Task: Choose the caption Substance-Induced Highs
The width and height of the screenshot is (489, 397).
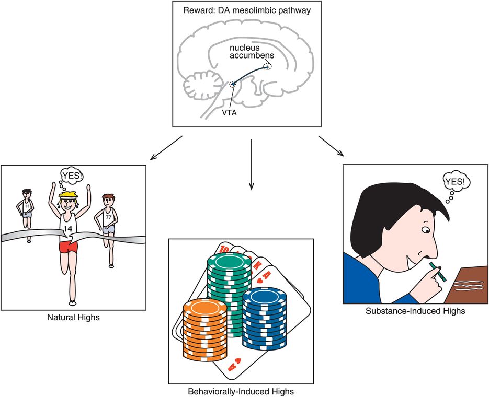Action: (x=416, y=311)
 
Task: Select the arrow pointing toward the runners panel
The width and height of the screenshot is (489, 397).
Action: (x=165, y=148)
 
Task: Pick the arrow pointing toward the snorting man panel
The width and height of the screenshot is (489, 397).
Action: (x=332, y=146)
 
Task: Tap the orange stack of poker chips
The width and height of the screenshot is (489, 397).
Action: (x=206, y=335)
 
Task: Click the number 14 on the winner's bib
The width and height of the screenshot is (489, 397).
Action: (x=69, y=228)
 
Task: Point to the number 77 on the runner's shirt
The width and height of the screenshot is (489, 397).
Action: (x=109, y=216)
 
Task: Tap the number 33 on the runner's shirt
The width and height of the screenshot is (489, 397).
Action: (x=27, y=206)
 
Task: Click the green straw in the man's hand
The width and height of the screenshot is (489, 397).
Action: (x=436, y=274)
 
